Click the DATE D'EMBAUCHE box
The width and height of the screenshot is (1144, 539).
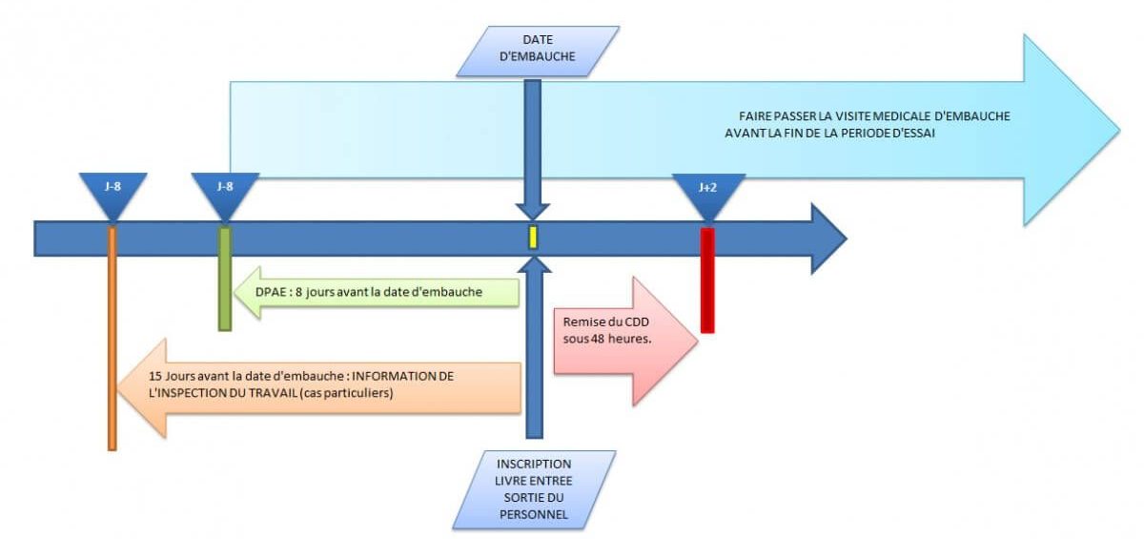click(538, 52)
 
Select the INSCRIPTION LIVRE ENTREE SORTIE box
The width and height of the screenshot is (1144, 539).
click(534, 489)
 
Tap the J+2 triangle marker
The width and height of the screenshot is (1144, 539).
click(708, 196)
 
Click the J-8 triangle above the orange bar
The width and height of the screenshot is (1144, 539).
click(112, 195)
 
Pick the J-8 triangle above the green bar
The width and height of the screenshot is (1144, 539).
click(225, 195)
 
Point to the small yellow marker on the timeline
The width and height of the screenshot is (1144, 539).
click(533, 238)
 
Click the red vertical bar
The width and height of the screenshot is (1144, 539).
click(707, 280)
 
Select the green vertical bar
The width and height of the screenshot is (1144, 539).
click(225, 279)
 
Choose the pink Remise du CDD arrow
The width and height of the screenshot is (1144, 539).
click(625, 342)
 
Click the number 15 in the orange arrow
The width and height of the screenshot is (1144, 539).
click(155, 377)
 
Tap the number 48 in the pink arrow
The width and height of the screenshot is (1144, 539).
click(599, 339)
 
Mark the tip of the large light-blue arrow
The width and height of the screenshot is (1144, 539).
click(1120, 130)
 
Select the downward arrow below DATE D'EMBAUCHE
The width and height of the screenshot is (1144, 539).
click(533, 149)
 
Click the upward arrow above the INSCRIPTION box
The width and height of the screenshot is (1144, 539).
click(534, 347)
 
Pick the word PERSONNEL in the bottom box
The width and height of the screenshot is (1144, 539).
click(534, 514)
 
